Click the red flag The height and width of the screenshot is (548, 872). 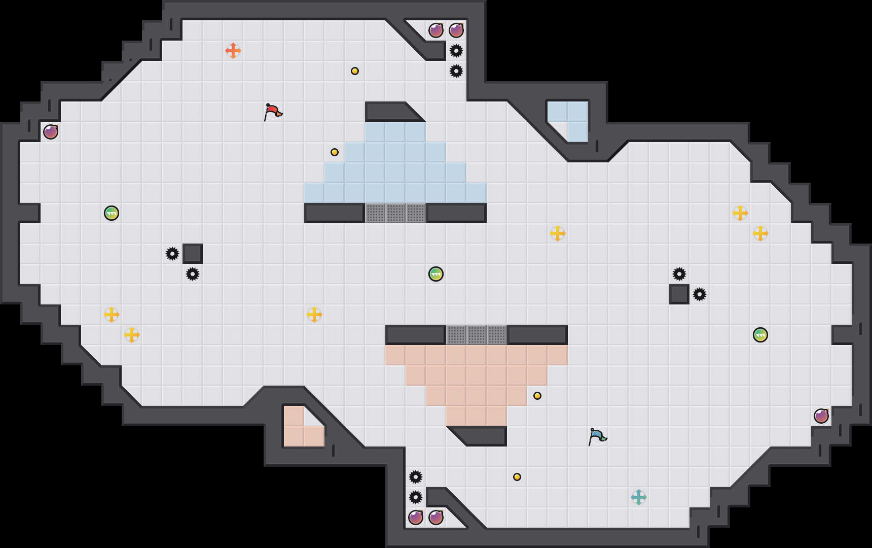coord(272,112)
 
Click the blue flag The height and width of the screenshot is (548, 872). coord(597,436)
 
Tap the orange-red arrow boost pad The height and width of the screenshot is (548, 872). coord(233,51)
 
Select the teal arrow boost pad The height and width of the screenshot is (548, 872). coord(639,497)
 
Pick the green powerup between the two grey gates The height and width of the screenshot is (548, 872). coord(436,274)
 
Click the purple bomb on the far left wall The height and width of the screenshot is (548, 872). coord(51,132)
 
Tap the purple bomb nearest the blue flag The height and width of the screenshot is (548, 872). coord(821,416)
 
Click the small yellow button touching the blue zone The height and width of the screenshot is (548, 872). coord(335,152)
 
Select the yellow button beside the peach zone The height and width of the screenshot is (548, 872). coord(537,396)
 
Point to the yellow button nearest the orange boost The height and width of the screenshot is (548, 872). coord(355,71)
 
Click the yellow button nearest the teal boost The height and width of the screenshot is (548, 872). coord(517,477)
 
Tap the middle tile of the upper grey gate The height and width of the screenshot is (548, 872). coord(395,213)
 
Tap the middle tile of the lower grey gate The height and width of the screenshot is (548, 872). coord(477,335)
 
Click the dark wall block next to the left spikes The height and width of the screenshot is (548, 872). coord(193,254)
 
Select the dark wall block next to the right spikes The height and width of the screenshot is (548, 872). coord(679,294)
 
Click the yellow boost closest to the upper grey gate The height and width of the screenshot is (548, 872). coord(558,233)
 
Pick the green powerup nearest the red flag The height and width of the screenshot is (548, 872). coord(112,213)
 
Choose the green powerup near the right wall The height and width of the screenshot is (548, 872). coord(760,335)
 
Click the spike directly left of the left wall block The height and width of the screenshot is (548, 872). coord(172,254)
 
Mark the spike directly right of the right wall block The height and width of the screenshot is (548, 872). coord(700,294)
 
